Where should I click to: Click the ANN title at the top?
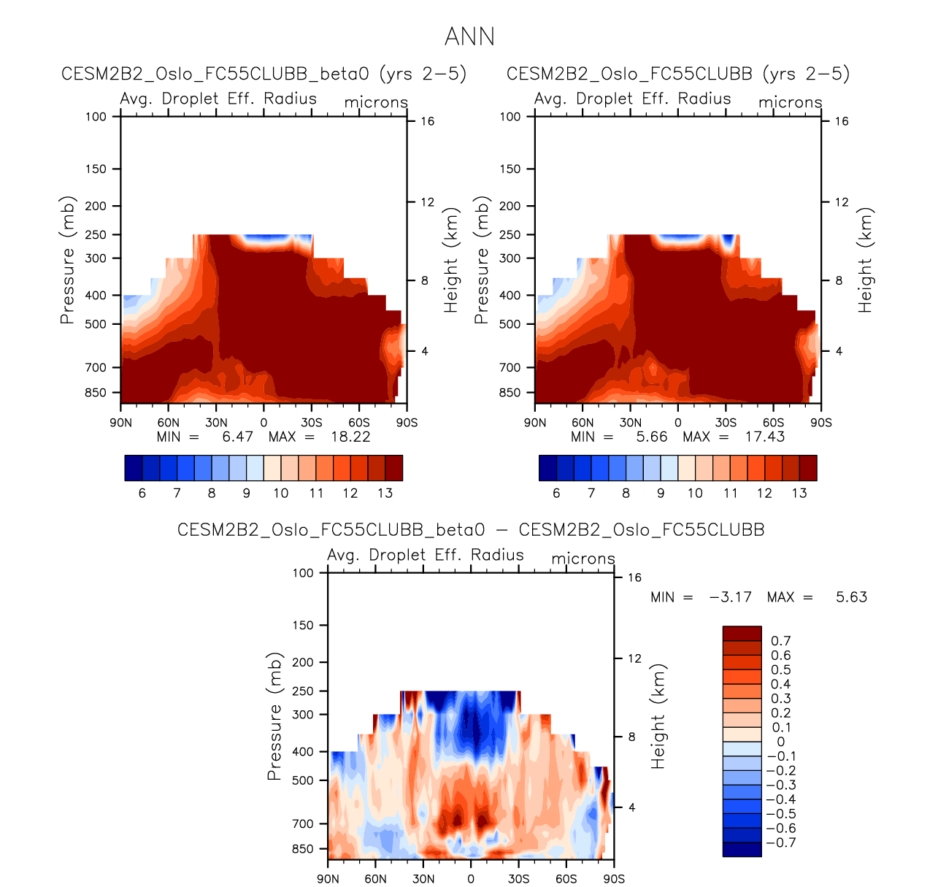469,37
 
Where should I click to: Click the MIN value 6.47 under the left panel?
237,437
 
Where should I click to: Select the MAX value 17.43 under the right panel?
764,437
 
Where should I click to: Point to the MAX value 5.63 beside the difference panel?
851,597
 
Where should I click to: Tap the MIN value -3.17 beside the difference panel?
730,597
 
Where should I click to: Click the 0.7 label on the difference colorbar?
780,641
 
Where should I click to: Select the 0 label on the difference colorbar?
780,742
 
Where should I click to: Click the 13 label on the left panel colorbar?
385,493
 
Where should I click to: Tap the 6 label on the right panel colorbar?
556,493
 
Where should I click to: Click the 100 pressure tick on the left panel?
96,117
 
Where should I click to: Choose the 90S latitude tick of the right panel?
820,423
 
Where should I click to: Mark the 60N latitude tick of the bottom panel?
375,879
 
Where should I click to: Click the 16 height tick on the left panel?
427,121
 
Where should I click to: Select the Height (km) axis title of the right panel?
866,261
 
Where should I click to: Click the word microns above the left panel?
376,102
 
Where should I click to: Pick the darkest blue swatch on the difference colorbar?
742,849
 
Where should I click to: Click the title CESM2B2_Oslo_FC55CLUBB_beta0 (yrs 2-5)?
264,74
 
